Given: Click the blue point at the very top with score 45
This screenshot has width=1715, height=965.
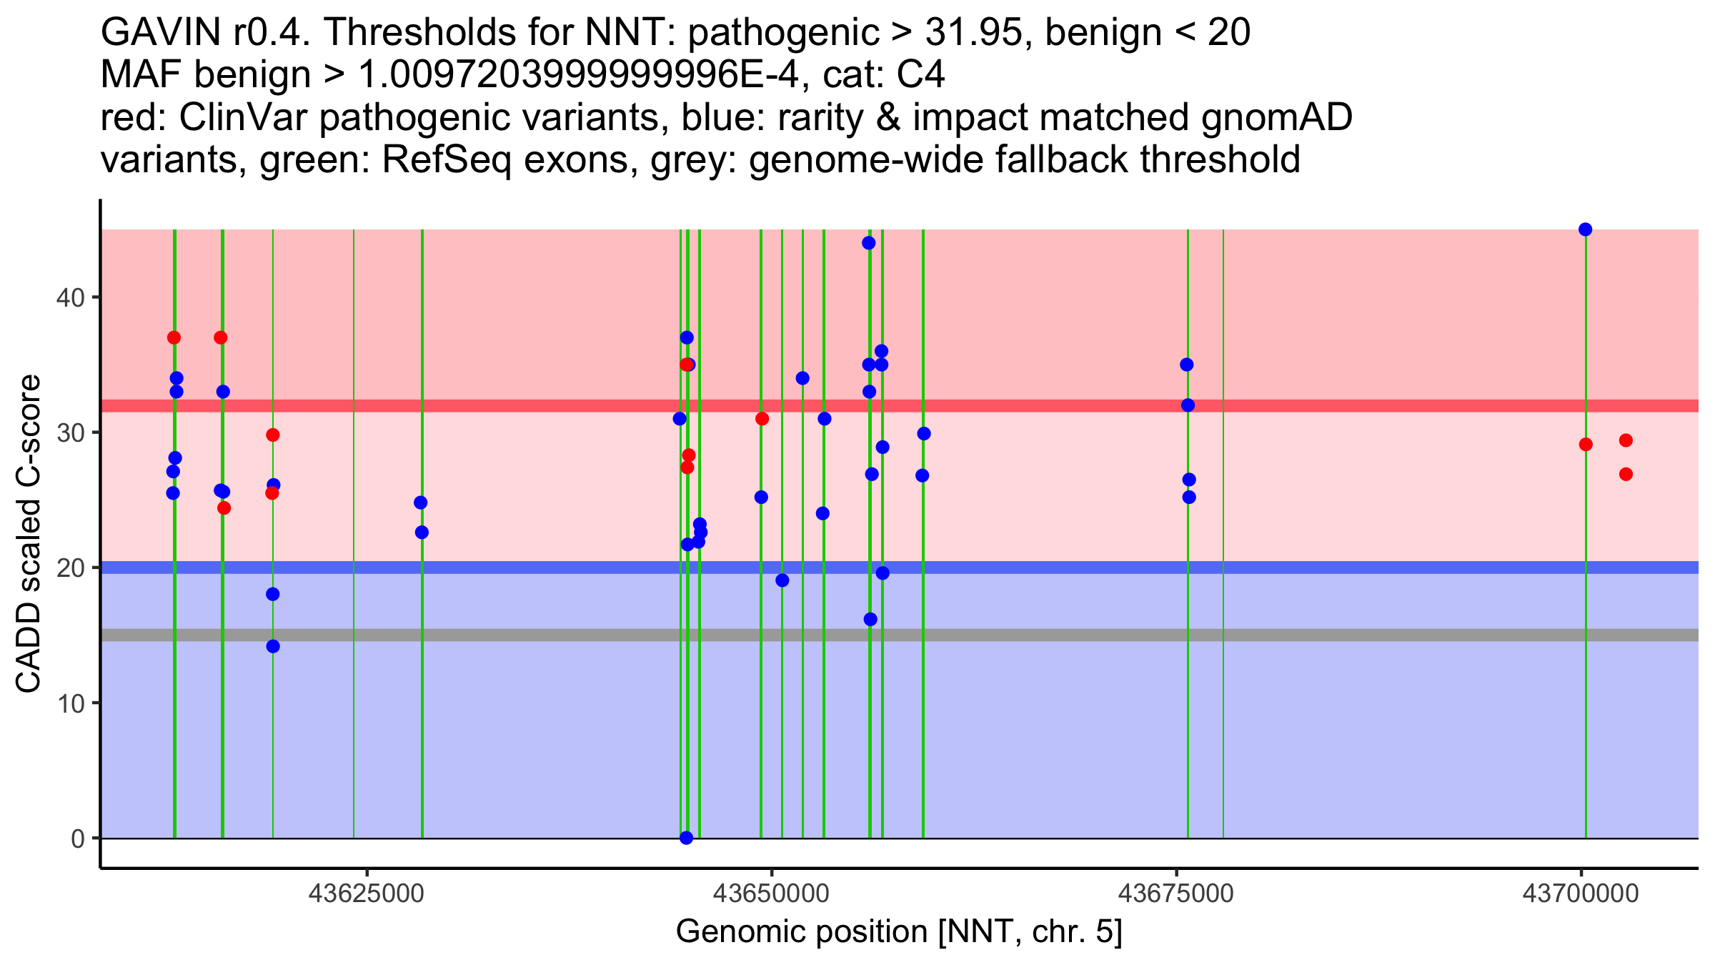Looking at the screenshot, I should [x=1585, y=229].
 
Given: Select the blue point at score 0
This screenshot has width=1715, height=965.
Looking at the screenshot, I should [x=686, y=838].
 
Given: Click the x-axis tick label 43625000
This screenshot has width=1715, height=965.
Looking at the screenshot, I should [x=367, y=894].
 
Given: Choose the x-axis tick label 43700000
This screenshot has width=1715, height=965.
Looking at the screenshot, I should [x=1581, y=894].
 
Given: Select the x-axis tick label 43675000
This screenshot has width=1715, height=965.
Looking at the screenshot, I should [x=1176, y=894].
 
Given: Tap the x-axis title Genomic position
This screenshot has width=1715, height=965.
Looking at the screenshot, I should [x=898, y=932].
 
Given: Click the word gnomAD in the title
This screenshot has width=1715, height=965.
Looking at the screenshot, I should [x=1276, y=118].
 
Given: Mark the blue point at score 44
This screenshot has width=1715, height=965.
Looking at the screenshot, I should [x=868, y=243].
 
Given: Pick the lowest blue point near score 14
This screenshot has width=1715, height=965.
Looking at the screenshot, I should [x=273, y=646].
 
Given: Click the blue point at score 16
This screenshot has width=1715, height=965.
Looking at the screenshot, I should [x=870, y=619].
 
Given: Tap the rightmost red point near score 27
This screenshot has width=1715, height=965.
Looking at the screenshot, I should [x=1626, y=474].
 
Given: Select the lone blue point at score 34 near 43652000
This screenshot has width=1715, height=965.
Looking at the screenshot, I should [x=802, y=378].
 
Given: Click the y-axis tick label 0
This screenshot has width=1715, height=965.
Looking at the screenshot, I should [x=77, y=838].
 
